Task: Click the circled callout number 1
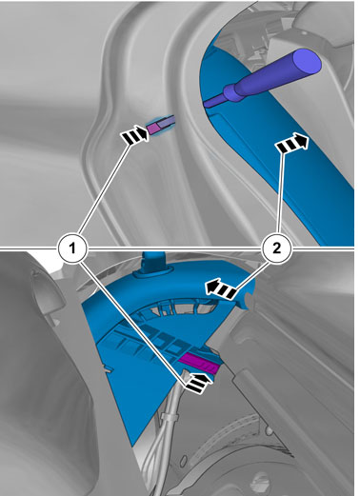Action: click(x=72, y=248)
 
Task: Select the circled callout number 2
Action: click(x=276, y=248)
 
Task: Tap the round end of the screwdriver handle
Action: click(x=307, y=61)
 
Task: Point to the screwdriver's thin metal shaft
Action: click(x=214, y=101)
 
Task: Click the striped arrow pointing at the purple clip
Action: click(x=134, y=135)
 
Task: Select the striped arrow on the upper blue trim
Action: click(x=292, y=143)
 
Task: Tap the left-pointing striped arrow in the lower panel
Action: click(x=222, y=288)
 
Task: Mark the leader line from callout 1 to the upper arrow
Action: click(x=105, y=189)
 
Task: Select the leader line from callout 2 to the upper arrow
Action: click(x=280, y=193)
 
